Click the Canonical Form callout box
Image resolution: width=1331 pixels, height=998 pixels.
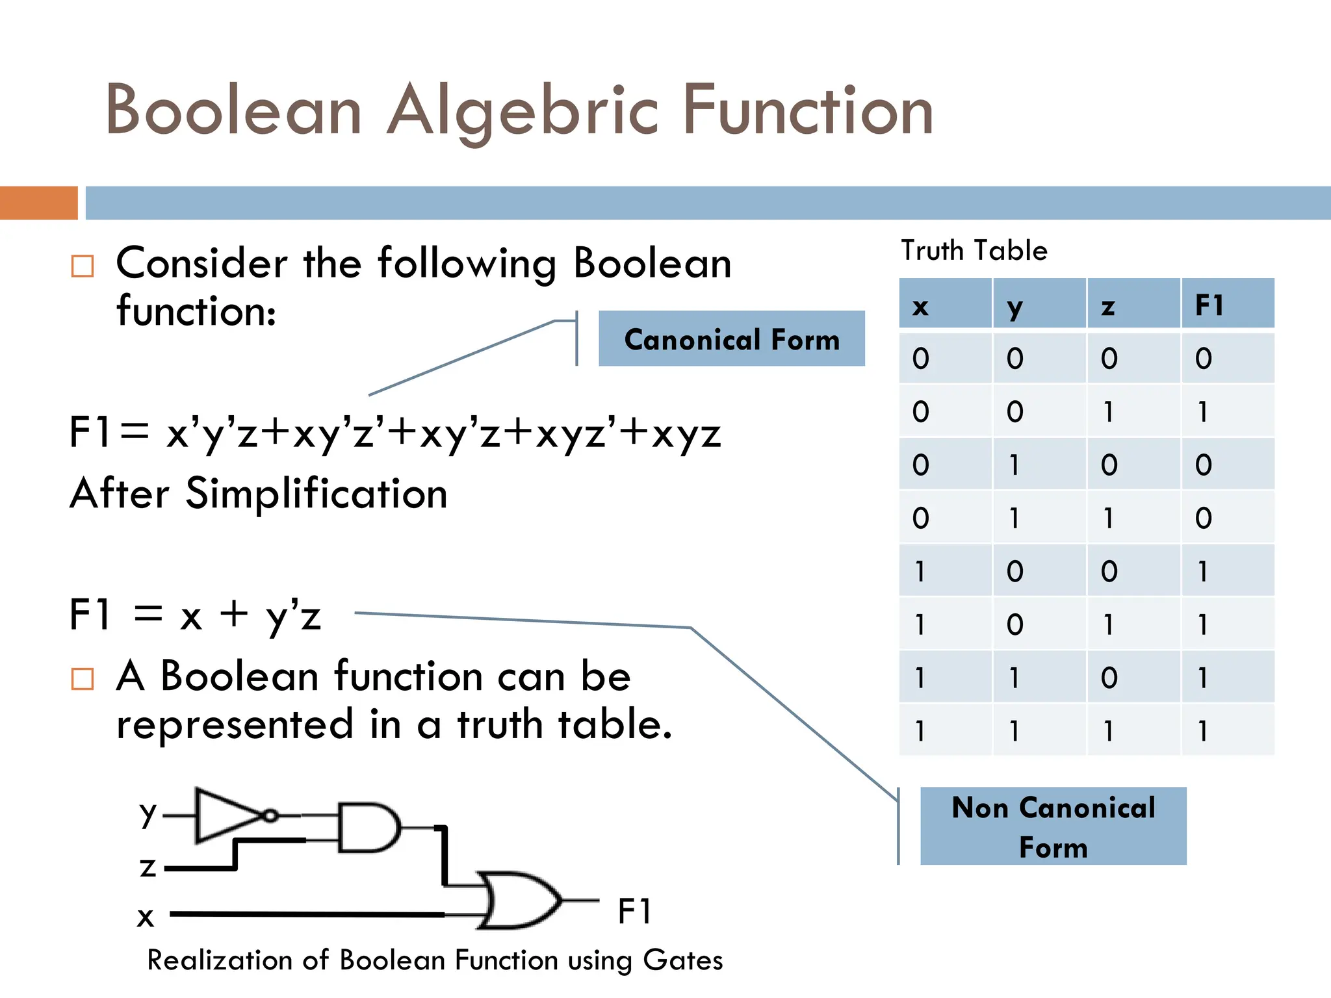pyautogui.click(x=731, y=339)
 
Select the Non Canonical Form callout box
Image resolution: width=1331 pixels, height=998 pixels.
pyautogui.click(x=1053, y=826)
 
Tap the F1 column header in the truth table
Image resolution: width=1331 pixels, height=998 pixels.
pyautogui.click(x=1209, y=305)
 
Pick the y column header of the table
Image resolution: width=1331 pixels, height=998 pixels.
pyautogui.click(x=1014, y=305)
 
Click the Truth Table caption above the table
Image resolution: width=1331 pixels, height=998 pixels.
pyautogui.click(x=974, y=251)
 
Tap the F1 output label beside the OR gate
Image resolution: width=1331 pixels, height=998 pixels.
pyautogui.click(x=634, y=911)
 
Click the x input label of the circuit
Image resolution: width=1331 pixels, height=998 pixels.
pyautogui.click(x=146, y=917)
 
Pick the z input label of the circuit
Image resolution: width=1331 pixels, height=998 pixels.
pyautogui.click(x=148, y=867)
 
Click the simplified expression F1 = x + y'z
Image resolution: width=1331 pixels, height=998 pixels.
pyautogui.click(x=195, y=615)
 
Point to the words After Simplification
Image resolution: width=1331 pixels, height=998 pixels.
pyautogui.click(x=259, y=493)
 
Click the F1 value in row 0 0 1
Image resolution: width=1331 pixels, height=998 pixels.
pyautogui.click(x=1203, y=411)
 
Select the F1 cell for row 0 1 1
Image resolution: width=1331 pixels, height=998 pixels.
pyautogui.click(x=1203, y=518)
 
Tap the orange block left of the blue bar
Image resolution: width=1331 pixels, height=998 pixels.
pyautogui.click(x=39, y=203)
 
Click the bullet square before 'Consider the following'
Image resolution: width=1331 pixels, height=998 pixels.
pyautogui.click(x=83, y=266)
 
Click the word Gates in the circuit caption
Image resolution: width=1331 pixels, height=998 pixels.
pyautogui.click(x=682, y=960)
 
